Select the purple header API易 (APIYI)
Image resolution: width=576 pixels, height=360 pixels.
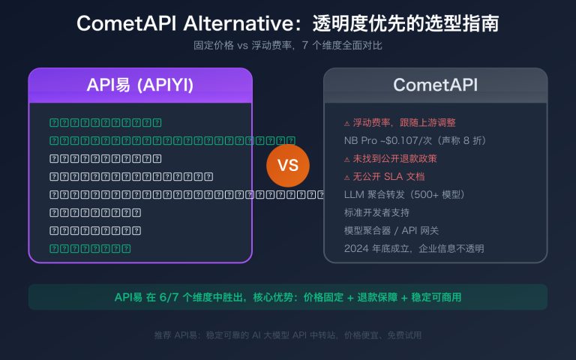[x=140, y=85]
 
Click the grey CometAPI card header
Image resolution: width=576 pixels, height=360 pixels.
[x=435, y=85]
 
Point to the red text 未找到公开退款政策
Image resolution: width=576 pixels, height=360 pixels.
[x=394, y=158]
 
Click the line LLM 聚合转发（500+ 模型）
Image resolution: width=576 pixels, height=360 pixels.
[x=405, y=194]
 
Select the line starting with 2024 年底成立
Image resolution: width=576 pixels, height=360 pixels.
[x=413, y=248]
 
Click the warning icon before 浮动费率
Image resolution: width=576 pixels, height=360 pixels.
[x=346, y=123]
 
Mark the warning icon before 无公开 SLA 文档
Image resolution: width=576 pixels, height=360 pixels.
[x=346, y=177]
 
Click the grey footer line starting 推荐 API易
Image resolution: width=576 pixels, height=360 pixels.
[x=288, y=335]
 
